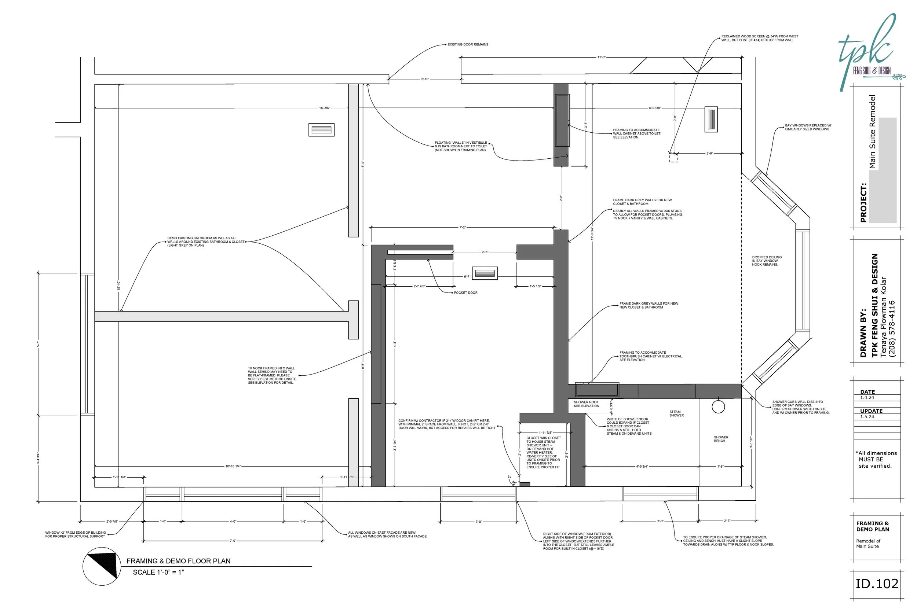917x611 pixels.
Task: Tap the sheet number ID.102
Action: click(877, 584)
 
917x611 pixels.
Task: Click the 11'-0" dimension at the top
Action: click(601, 57)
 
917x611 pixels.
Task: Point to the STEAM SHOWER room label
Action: click(676, 413)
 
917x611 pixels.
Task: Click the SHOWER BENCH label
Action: click(721, 439)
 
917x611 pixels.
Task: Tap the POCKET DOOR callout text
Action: click(465, 292)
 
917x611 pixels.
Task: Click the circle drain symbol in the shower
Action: click(718, 406)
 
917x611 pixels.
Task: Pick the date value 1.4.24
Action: click(867, 397)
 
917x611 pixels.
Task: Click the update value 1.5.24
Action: click(867, 416)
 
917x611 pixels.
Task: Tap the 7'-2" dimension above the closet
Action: click(462, 227)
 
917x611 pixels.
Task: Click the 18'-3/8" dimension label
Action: click(324, 108)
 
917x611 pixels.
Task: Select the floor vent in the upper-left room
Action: click(321, 130)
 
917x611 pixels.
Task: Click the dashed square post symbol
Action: click(673, 158)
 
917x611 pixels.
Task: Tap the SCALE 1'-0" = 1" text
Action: click(158, 572)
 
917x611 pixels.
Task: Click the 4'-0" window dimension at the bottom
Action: click(233, 521)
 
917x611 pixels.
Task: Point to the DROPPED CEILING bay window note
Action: click(767, 261)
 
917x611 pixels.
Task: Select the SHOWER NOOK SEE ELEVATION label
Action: click(586, 404)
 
